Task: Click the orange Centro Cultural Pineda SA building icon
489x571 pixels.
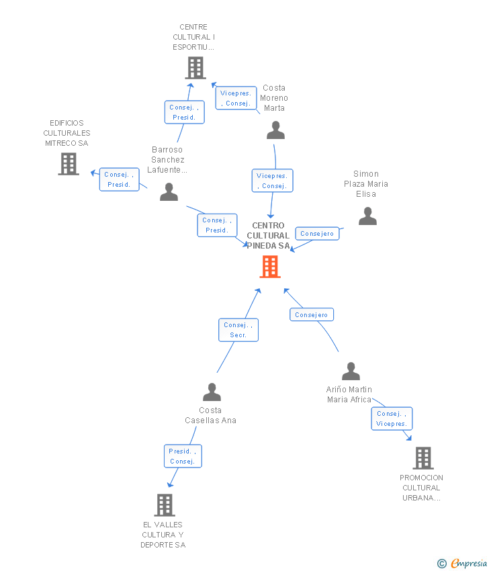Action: click(x=270, y=267)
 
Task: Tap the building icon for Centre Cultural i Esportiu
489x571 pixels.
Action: click(x=195, y=68)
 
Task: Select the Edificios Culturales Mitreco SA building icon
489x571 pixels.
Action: click(x=69, y=164)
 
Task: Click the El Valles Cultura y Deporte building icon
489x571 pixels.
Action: click(x=165, y=505)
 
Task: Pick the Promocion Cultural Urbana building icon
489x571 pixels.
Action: click(x=423, y=458)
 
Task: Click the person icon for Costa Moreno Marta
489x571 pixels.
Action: click(x=275, y=130)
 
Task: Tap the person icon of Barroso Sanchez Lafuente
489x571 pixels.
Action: click(x=169, y=192)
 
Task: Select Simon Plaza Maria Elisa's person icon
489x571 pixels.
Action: click(x=367, y=216)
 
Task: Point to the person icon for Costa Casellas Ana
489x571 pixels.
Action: click(x=212, y=392)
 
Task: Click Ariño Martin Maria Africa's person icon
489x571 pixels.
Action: click(x=351, y=371)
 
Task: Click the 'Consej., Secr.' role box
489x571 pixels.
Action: click(x=238, y=330)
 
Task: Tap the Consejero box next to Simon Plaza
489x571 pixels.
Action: click(x=317, y=234)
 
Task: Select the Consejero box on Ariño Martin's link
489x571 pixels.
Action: click(x=312, y=314)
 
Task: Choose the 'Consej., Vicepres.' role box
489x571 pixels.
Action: click(x=392, y=419)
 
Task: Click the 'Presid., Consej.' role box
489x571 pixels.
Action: click(x=182, y=456)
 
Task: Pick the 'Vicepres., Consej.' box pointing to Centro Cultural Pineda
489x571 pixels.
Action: click(x=272, y=181)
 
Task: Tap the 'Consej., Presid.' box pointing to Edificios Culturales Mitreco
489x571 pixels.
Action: click(x=119, y=179)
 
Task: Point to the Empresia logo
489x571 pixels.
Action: click(x=462, y=563)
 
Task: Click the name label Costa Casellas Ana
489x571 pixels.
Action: click(x=211, y=415)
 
